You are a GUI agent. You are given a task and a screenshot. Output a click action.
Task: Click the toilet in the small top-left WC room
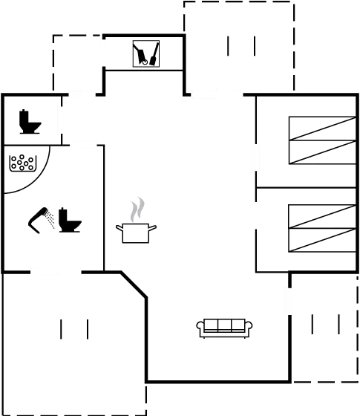tap(30, 122)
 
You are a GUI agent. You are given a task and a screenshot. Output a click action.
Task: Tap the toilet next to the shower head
tap(71, 221)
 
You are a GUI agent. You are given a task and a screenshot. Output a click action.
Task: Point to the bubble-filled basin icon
tap(22, 163)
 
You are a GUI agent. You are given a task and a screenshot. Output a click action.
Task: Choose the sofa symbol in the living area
tap(224, 326)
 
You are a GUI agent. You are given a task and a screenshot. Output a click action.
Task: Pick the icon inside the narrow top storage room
tap(145, 53)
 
